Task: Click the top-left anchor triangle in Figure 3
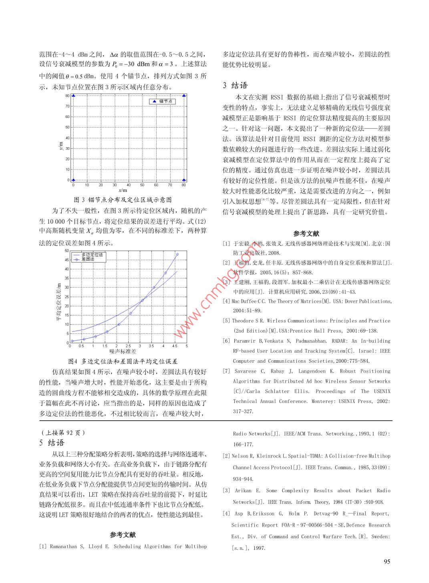pos(73,96)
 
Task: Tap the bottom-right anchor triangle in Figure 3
pos(184,180)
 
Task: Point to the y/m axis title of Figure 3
pos(60,146)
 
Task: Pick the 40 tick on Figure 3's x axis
pos(129,185)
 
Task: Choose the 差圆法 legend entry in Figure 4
pos(88,259)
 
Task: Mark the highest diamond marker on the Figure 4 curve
pos(177,254)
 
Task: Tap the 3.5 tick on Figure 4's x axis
pos(151,346)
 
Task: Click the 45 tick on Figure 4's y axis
pos(66,260)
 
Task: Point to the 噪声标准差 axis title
pos(123,351)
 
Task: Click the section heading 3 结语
pos(235,85)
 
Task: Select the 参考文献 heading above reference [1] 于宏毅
pos(306,234)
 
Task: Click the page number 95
pos(387,561)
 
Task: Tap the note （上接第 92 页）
pos(63,433)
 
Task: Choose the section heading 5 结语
pos(52,443)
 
